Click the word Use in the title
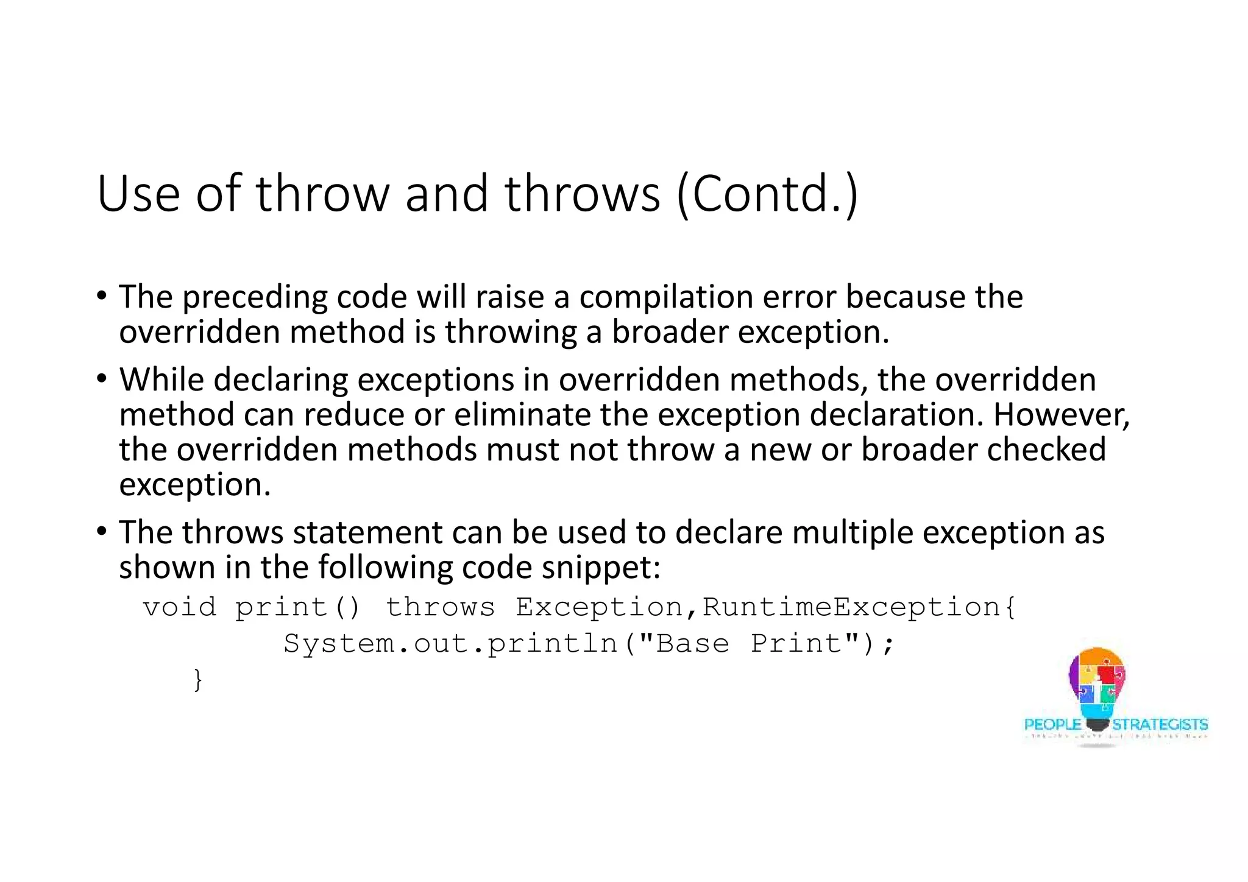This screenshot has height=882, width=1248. [138, 194]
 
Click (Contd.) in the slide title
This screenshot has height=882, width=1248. [767, 194]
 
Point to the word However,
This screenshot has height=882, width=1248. [1062, 415]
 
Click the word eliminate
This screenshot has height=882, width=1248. [522, 415]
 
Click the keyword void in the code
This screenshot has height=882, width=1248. [180, 607]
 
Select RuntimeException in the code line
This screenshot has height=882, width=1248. [851, 607]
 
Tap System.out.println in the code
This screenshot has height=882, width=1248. [451, 644]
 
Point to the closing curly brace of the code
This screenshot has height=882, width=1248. [197, 680]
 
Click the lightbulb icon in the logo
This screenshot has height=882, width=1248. [1097, 685]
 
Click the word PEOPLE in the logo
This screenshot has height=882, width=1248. [1052, 724]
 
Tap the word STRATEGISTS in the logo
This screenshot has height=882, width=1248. [1160, 724]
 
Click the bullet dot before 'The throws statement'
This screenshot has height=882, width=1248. [102, 531]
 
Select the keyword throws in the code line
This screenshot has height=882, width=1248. [440, 607]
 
